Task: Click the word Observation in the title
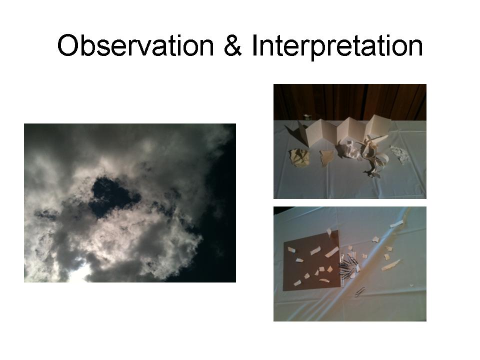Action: point(135,46)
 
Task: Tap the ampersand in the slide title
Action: point(232,45)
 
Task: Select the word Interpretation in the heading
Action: point(337,46)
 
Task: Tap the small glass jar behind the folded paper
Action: point(307,117)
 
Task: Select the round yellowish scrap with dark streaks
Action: point(299,158)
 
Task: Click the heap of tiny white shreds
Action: point(400,154)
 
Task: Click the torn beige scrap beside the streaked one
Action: point(326,158)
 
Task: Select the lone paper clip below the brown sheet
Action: point(360,291)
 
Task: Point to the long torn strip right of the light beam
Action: point(390,265)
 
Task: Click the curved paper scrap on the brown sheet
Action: point(324,279)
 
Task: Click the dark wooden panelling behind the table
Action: point(350,101)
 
